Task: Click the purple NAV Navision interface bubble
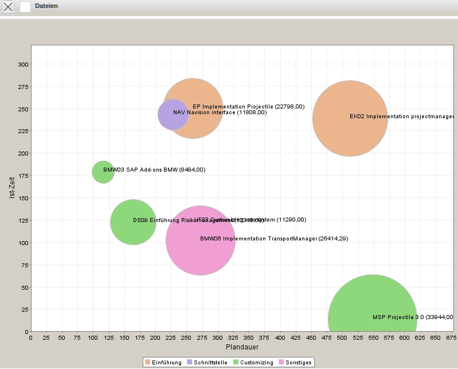(x=171, y=114)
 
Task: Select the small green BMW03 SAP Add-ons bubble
(x=103, y=172)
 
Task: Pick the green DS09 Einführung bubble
(x=133, y=222)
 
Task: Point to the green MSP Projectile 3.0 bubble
(x=372, y=318)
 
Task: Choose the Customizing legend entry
(x=252, y=362)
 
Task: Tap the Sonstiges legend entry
(x=295, y=362)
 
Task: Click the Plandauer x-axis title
(x=242, y=347)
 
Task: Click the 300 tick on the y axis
(x=23, y=64)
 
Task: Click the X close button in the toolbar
(x=9, y=7)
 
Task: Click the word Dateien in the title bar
(x=46, y=6)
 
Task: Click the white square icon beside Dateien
(x=25, y=7)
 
